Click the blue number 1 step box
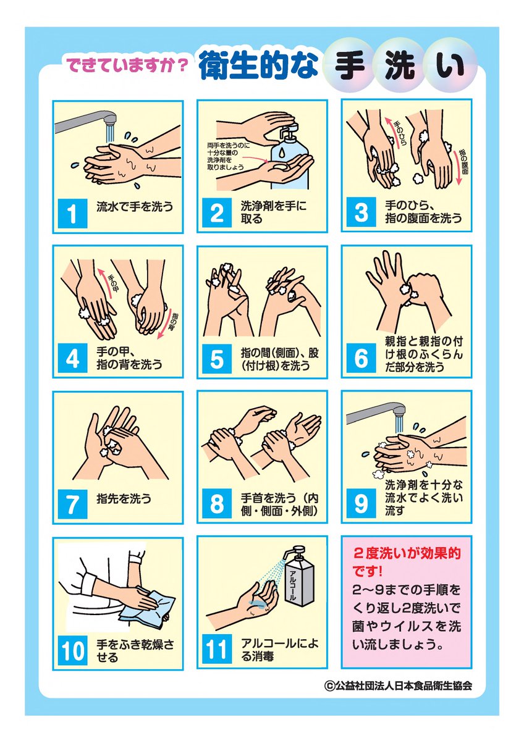72,214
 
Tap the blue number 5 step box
217,359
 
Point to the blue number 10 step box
72,650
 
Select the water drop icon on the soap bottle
281,153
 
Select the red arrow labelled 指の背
166,324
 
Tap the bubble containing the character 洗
399,67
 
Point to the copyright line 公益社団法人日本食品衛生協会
398,686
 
